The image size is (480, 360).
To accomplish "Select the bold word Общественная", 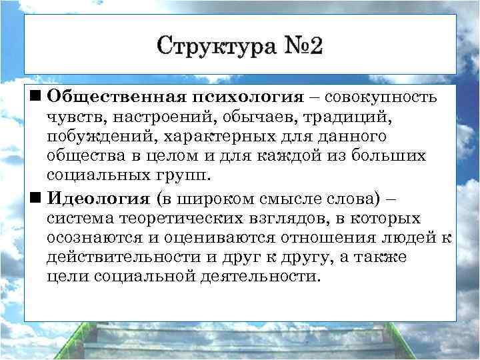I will [x=117, y=98].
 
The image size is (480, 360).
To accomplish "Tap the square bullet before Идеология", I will [x=35, y=197].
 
